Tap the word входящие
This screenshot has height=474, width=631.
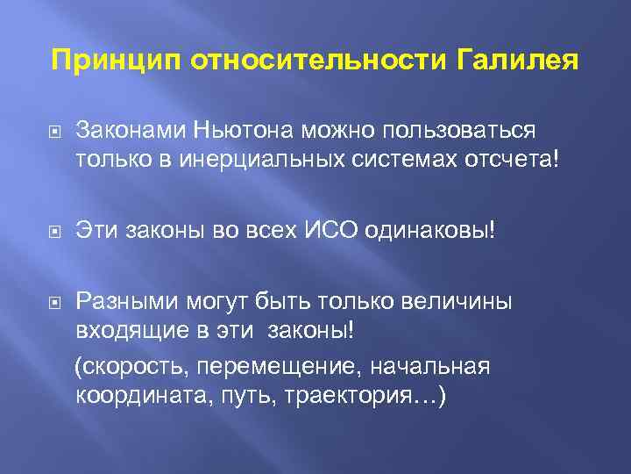click(124, 334)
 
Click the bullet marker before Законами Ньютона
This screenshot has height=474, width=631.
click(52, 132)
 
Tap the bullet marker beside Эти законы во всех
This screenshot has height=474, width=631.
click(52, 233)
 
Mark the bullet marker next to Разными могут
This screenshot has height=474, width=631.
click(52, 303)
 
